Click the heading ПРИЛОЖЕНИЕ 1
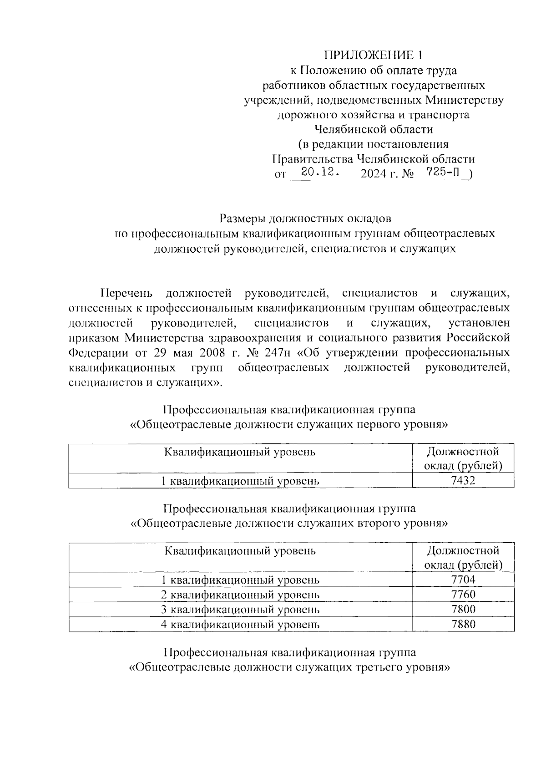click(x=373, y=56)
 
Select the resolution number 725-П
click(x=441, y=172)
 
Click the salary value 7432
click(x=463, y=481)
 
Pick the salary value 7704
click(x=463, y=580)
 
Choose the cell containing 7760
click(x=463, y=595)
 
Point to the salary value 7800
click(x=463, y=610)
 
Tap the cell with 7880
click(x=463, y=624)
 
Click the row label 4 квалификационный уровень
click(x=240, y=624)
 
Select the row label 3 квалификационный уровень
click(x=240, y=610)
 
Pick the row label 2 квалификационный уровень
click(x=240, y=595)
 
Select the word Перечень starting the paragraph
click(x=127, y=293)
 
